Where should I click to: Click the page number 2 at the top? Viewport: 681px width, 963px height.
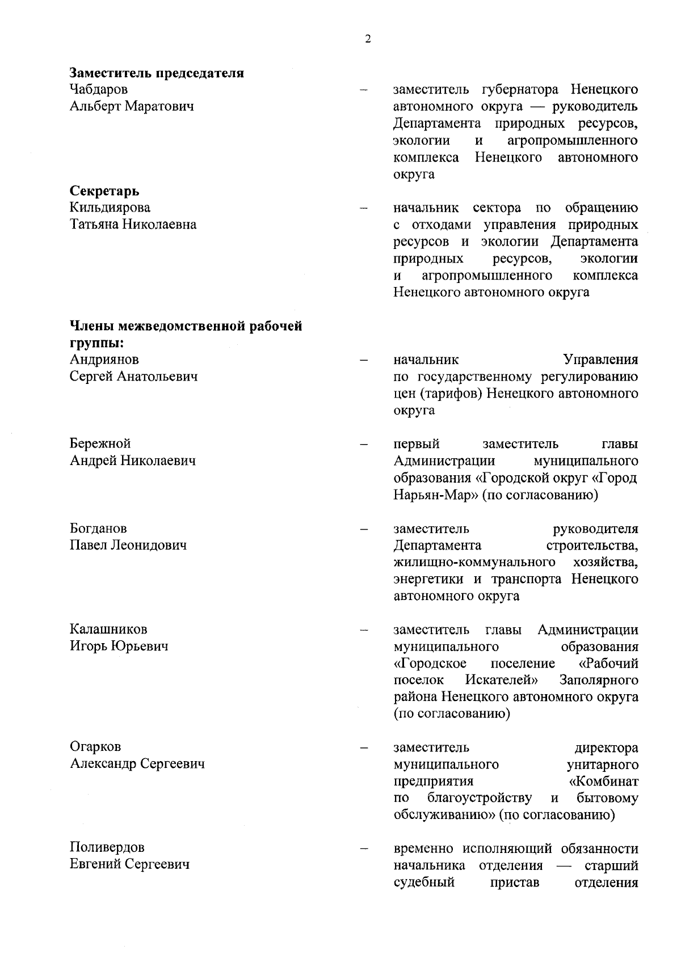(368, 39)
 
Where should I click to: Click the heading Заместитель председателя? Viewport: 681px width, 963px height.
(157, 73)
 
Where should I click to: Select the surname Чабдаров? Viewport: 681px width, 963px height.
(99, 90)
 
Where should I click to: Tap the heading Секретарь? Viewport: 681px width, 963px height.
(104, 191)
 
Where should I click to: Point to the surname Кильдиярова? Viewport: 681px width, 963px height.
(110, 208)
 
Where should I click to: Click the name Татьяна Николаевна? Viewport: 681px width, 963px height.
(133, 225)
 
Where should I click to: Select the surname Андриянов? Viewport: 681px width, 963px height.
(104, 360)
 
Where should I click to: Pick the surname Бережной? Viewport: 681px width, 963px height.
(100, 444)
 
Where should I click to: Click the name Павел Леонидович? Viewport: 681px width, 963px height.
(128, 546)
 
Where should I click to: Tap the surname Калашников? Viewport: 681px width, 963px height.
(108, 630)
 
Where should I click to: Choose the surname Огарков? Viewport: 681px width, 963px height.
(95, 747)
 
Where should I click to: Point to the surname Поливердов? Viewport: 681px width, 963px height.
(107, 848)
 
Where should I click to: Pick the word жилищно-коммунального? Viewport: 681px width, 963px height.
(474, 563)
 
